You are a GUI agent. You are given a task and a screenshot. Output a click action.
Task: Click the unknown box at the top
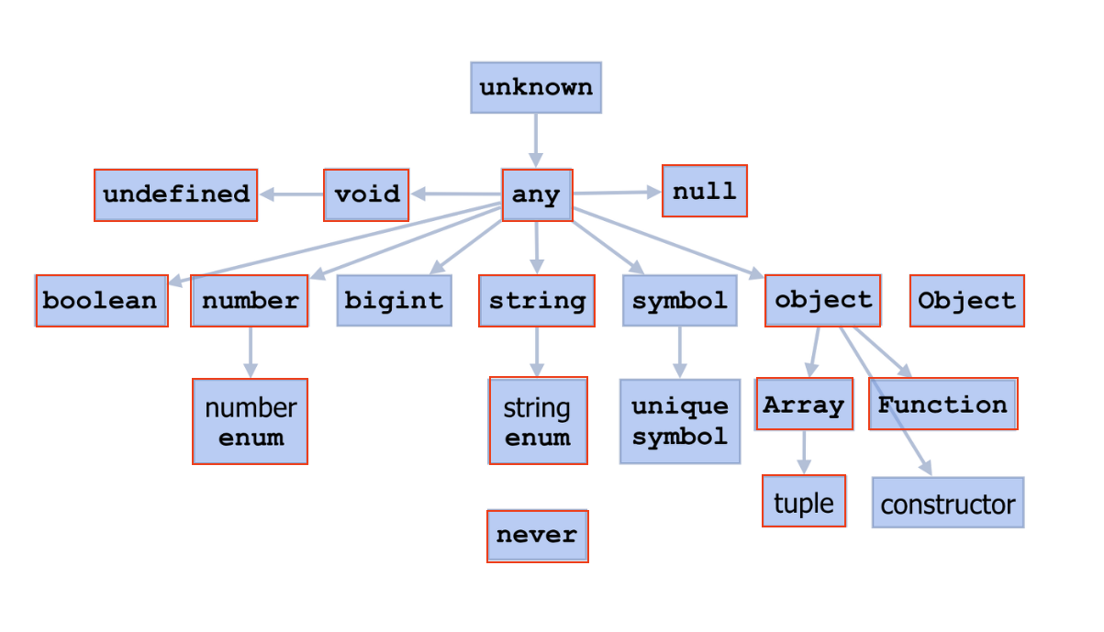click(536, 88)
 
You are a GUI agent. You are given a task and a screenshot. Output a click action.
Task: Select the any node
click(537, 194)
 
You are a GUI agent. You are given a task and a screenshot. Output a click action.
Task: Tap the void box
click(366, 194)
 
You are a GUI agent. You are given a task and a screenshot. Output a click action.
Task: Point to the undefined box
click(175, 194)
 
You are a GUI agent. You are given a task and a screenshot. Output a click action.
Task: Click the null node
click(704, 191)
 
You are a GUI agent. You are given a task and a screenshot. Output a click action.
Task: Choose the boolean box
click(101, 301)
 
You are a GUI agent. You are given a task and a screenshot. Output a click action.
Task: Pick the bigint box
click(394, 301)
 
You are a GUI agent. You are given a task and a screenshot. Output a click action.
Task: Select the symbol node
click(679, 301)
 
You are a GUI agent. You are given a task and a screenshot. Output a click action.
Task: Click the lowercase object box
click(822, 300)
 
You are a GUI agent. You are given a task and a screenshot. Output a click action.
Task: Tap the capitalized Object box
click(966, 301)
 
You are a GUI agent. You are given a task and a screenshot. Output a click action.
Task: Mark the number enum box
click(250, 422)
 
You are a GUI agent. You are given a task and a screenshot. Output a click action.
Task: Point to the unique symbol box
click(679, 421)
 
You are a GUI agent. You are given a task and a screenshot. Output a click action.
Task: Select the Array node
click(804, 405)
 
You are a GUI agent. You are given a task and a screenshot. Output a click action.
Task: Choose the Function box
click(942, 405)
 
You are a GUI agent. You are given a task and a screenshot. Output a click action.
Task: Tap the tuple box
click(804, 502)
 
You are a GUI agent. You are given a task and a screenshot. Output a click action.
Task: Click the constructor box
click(947, 503)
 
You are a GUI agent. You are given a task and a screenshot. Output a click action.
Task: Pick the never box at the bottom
click(537, 536)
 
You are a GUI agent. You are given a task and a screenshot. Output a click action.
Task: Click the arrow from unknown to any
click(536, 139)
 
